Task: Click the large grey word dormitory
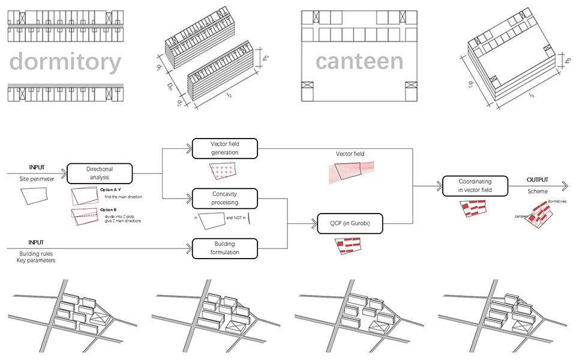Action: pos(65,62)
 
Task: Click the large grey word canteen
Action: pos(359,61)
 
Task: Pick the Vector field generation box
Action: pos(224,148)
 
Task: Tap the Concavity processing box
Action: pos(224,198)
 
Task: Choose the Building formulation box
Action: pos(224,248)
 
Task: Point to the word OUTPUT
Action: pos(538,180)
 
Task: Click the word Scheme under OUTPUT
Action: pos(538,192)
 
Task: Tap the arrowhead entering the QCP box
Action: pos(313,224)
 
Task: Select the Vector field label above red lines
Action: pos(350,154)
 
